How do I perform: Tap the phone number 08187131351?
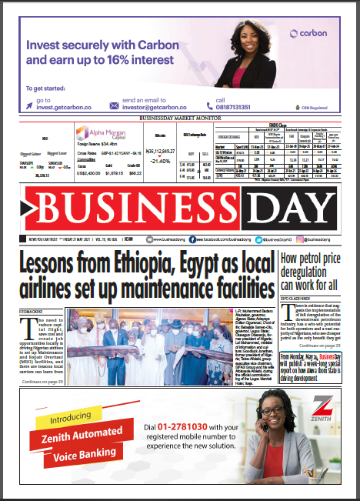click(x=239, y=106)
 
